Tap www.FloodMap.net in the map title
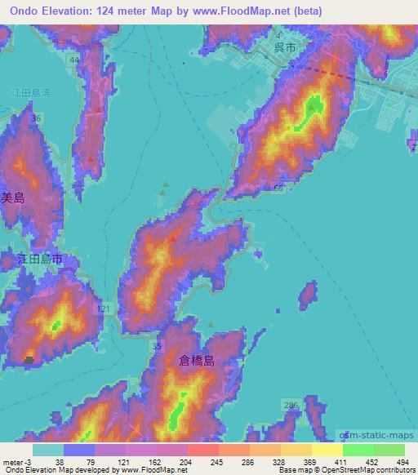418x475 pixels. point(246,11)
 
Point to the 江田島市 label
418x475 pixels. point(41,260)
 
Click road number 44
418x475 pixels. point(75,61)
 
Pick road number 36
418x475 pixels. point(35,119)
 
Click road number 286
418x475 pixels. point(291,405)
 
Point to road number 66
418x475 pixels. point(279,189)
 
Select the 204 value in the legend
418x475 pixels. point(187,462)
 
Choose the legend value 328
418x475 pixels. point(278,462)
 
